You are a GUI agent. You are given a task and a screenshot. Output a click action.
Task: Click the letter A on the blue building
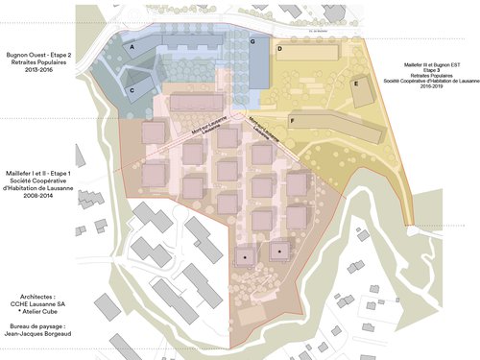coord(132,46)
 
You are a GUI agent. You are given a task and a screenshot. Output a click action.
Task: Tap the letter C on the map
coord(132,90)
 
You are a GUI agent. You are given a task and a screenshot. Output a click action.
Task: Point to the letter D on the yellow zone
coord(279,47)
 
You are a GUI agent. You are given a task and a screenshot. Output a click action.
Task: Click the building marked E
coord(356,84)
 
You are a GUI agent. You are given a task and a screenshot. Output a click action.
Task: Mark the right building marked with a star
coord(279,252)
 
